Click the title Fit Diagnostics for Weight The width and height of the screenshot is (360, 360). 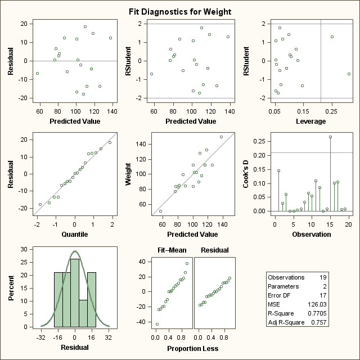click(x=179, y=12)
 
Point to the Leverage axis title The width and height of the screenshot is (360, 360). click(x=312, y=121)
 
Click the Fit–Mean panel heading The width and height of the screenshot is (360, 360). click(x=168, y=250)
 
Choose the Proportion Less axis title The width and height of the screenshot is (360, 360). click(x=192, y=348)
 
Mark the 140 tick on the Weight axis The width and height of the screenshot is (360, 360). click(x=141, y=145)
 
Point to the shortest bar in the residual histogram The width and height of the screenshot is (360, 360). click(x=83, y=313)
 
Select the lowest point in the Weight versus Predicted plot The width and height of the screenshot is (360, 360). click(x=160, y=211)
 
